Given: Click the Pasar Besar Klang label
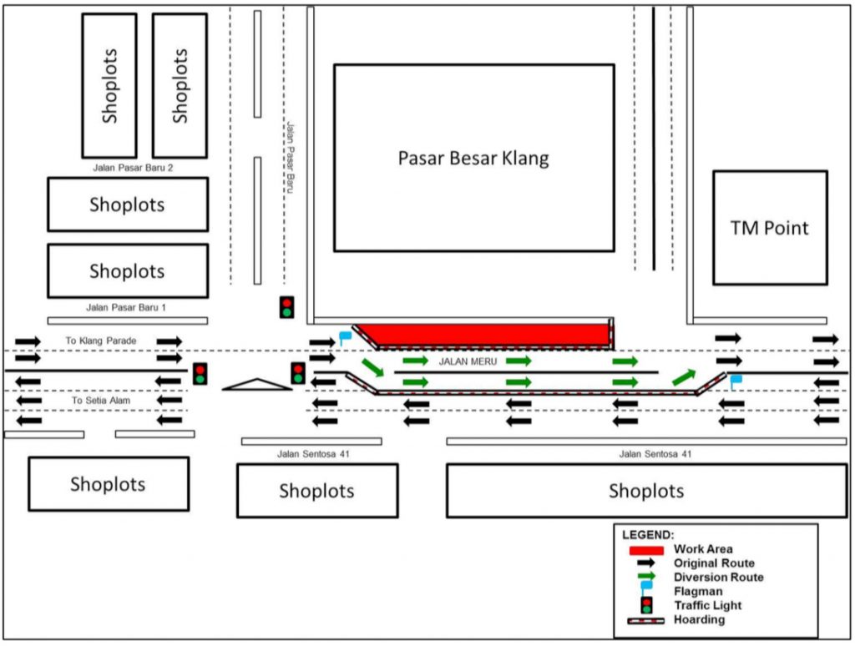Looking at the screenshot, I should pyautogui.click(x=473, y=158).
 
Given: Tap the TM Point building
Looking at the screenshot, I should pyautogui.click(x=770, y=228).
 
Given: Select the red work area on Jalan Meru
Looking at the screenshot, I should pyautogui.click(x=484, y=335).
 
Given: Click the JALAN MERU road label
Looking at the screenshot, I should pyautogui.click(x=468, y=361).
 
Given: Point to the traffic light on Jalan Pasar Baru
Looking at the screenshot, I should pyautogui.click(x=286, y=306).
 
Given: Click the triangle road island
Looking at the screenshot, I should pyautogui.click(x=257, y=384).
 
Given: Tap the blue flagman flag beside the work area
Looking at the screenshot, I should pyautogui.click(x=345, y=338).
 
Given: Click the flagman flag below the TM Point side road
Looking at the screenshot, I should pyautogui.click(x=736, y=381).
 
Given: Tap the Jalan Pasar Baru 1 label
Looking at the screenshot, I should pyautogui.click(x=126, y=308).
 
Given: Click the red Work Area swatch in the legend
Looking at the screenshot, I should pyautogui.click(x=646, y=550).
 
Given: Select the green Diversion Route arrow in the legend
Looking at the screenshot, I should pyautogui.click(x=646, y=578).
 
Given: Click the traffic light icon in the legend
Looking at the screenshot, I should pyautogui.click(x=646, y=604).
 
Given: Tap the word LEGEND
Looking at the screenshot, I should pyautogui.click(x=648, y=534).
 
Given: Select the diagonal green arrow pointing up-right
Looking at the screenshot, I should pyautogui.click(x=684, y=376).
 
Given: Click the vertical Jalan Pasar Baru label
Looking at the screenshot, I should pyautogui.click(x=291, y=158).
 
